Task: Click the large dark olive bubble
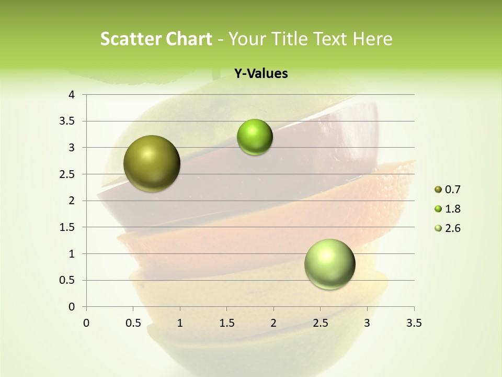(152, 163)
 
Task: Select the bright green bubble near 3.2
(255, 137)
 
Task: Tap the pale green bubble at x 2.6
(329, 264)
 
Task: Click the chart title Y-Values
(261, 74)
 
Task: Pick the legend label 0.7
(452, 190)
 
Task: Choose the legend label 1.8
(452, 209)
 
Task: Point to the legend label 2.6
(452, 228)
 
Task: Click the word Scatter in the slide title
(130, 39)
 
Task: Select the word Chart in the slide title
(188, 39)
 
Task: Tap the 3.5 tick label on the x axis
(414, 323)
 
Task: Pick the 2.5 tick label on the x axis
(320, 323)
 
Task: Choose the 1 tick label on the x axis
(180, 323)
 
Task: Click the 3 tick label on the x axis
(367, 323)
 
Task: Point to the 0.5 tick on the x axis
(133, 323)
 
